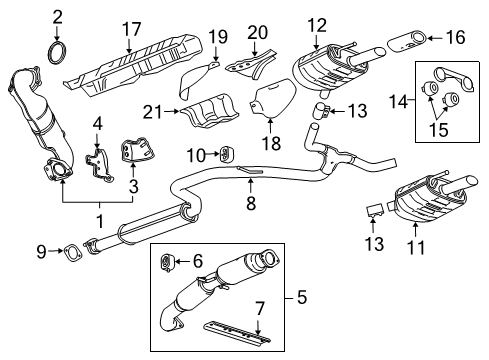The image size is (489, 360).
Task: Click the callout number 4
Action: (98, 124)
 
